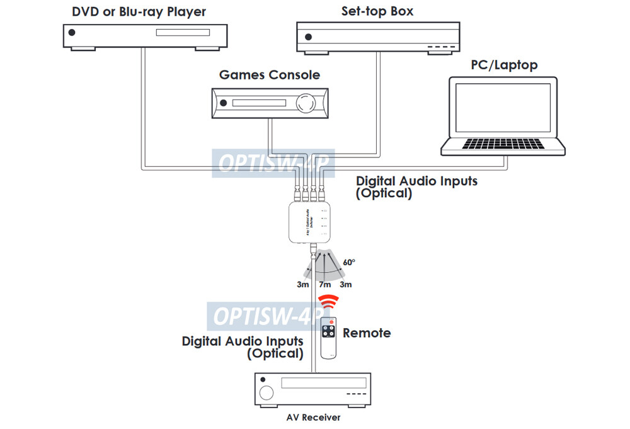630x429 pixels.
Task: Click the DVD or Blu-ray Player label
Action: (139, 12)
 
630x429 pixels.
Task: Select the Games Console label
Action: (269, 75)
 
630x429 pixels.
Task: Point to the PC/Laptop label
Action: (504, 66)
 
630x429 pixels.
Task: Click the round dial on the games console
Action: (307, 103)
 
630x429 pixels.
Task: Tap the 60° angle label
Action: (349, 262)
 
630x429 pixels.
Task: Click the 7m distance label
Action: (324, 285)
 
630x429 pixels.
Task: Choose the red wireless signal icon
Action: (326, 303)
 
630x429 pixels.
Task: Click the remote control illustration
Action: (329, 338)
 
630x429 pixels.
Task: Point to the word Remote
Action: (367, 333)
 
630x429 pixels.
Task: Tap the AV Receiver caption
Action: (313, 417)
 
